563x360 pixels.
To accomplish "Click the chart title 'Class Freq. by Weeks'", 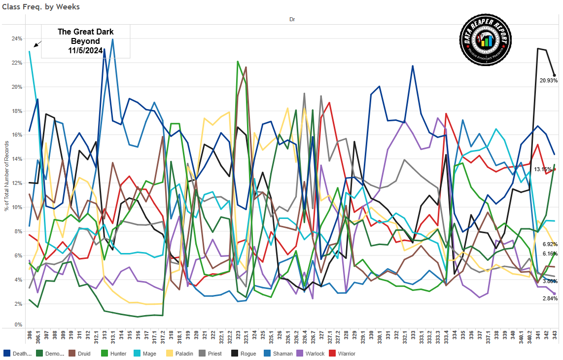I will [41, 7].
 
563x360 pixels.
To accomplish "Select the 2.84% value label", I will [550, 298].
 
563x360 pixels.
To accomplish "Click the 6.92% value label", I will [550, 244].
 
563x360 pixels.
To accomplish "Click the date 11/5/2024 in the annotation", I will [85, 50].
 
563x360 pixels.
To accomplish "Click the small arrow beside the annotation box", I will [37, 43].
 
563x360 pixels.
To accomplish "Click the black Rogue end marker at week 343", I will [555, 75].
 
